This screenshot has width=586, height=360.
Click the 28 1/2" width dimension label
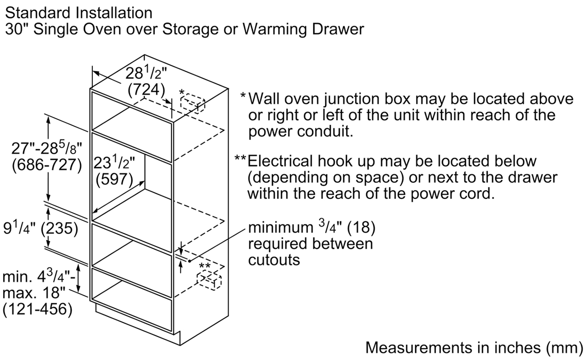[146, 73]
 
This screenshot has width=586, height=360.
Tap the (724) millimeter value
[146, 90]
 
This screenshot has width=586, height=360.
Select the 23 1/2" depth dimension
[114, 162]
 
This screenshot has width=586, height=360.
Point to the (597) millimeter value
[114, 179]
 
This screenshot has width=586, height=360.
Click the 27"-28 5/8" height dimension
[46, 148]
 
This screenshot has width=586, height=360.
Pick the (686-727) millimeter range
[47, 165]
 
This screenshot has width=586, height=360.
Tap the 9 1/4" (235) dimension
[41, 228]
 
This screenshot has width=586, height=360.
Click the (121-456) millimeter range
[37, 309]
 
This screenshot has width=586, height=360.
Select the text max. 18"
[34, 293]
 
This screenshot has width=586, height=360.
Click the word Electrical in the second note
[280, 161]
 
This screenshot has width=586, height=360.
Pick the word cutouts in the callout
[274, 260]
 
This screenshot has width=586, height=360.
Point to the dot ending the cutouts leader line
[189, 261]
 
